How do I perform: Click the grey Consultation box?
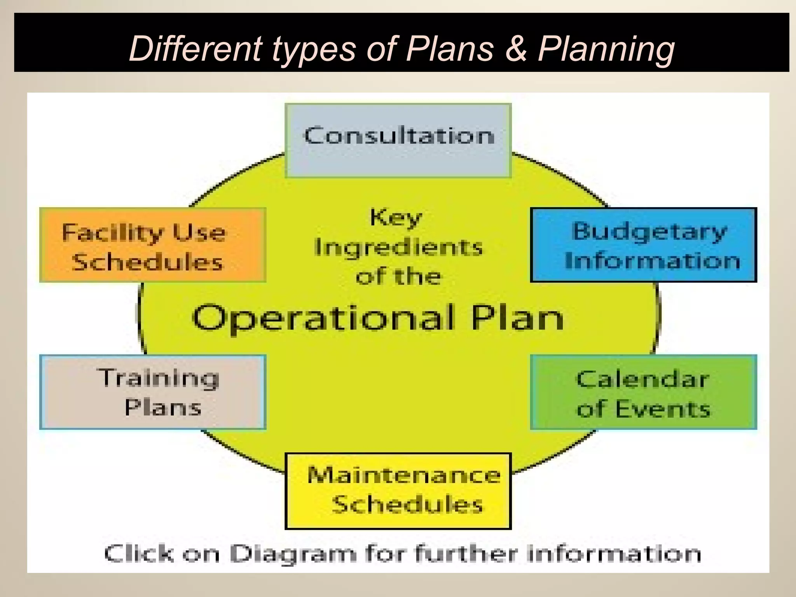(398, 141)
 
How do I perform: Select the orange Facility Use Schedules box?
(153, 245)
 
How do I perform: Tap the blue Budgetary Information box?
(643, 245)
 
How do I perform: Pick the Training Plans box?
(153, 392)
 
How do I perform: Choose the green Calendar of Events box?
(643, 392)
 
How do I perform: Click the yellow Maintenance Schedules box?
(398, 491)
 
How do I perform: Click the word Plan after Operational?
(517, 318)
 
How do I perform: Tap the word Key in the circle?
(396, 218)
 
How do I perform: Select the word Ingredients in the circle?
(398, 248)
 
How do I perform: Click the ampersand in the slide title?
(516, 49)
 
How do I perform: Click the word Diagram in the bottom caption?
(293, 553)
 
